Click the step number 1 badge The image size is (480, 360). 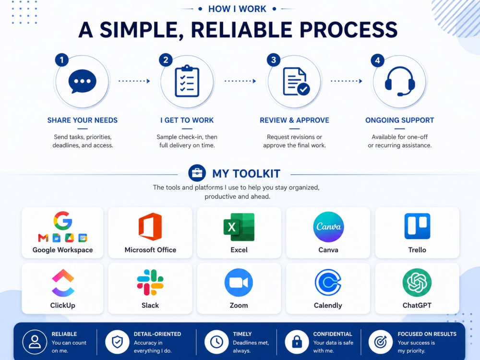[62, 60]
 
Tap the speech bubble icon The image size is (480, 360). [83, 81]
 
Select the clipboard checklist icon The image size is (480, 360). [187, 81]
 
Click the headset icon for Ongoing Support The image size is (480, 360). [400, 81]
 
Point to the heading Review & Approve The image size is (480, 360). [295, 120]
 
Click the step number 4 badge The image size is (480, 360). [377, 60]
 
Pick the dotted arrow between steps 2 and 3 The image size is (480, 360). [240, 81]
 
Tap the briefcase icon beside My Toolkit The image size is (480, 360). [197, 173]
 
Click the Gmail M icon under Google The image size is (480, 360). [43, 238]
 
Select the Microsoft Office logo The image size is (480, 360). [150, 227]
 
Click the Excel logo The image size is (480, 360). [239, 227]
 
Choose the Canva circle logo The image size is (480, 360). [328, 227]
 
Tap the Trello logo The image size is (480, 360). [417, 226]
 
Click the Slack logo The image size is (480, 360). [150, 282]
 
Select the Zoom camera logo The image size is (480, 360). [239, 283]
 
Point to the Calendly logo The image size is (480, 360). [328, 283]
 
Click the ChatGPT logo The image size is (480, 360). [417, 283]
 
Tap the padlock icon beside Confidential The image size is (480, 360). [297, 342]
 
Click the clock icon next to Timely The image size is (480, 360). [217, 342]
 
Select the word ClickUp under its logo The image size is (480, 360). [63, 305]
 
